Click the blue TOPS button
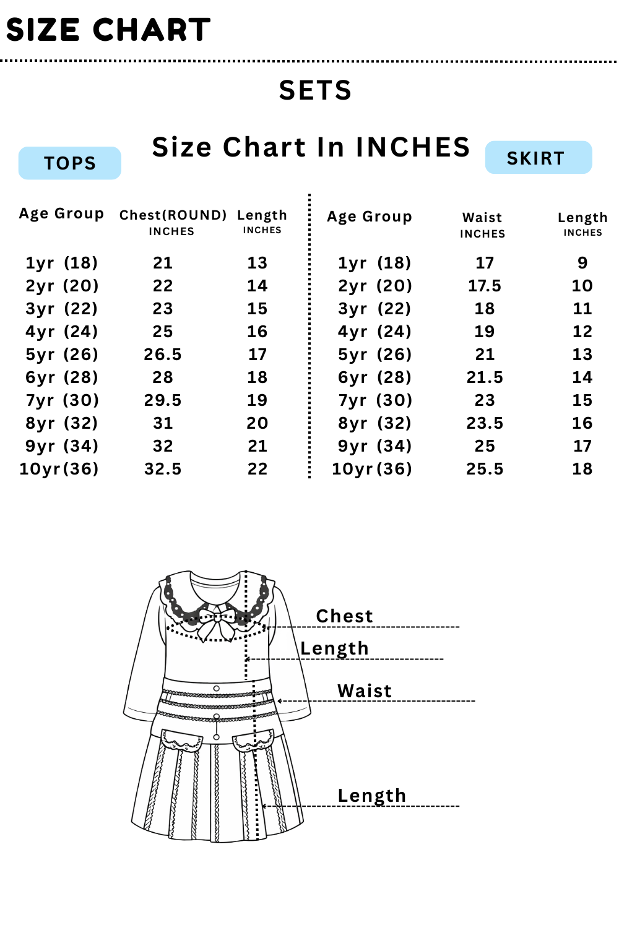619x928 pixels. point(70,163)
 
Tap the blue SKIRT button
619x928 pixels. point(538,158)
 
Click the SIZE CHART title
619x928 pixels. point(108,30)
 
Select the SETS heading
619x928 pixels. point(315,90)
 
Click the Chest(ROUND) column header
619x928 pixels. point(173,215)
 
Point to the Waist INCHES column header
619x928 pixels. point(482,225)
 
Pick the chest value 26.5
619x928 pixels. point(163,354)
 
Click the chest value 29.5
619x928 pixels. point(163,400)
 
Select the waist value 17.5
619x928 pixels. point(485,286)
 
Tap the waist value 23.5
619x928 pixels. point(485,423)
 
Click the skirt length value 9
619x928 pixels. point(582,263)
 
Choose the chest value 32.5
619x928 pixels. point(163,469)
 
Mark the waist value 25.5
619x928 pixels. point(485,469)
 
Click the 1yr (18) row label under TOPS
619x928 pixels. point(62,263)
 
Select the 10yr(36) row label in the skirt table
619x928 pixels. point(372,469)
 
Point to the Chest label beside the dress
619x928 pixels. point(345,616)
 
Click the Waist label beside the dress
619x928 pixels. point(365,691)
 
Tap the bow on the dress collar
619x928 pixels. point(217,622)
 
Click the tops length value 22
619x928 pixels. point(258,469)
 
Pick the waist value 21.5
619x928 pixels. point(485,377)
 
